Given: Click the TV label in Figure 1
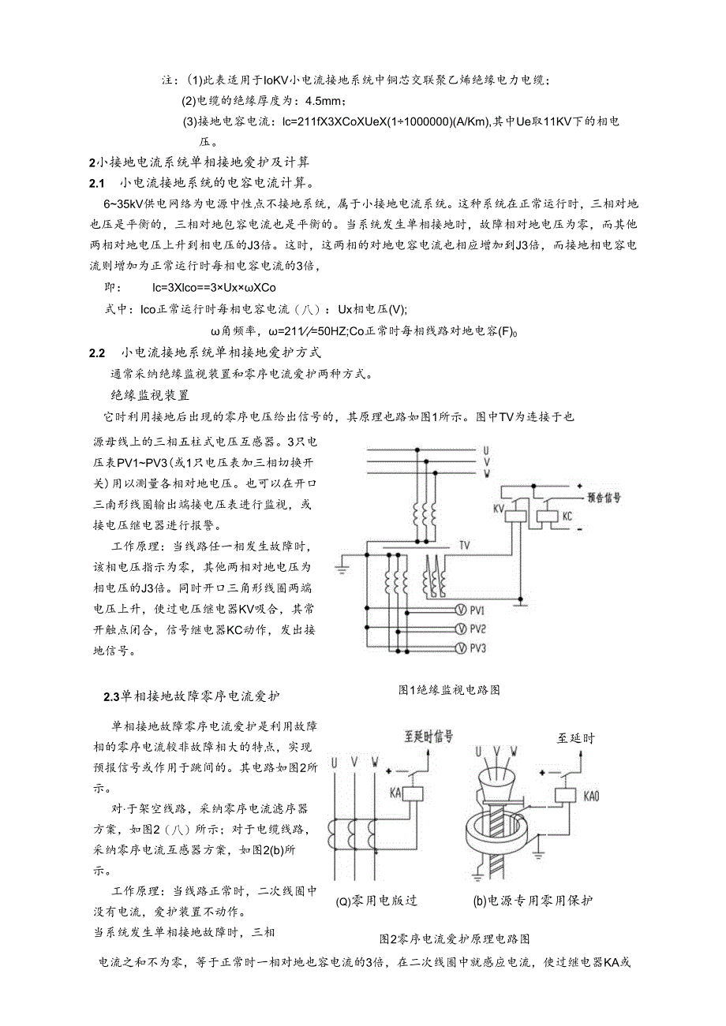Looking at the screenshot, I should (464, 545).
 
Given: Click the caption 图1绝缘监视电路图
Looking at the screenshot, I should (449, 689).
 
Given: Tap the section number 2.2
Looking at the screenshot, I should (99, 352).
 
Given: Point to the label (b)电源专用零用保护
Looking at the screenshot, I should (533, 900).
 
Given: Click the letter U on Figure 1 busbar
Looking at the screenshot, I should (487, 450).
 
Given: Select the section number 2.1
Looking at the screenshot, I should (98, 184).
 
